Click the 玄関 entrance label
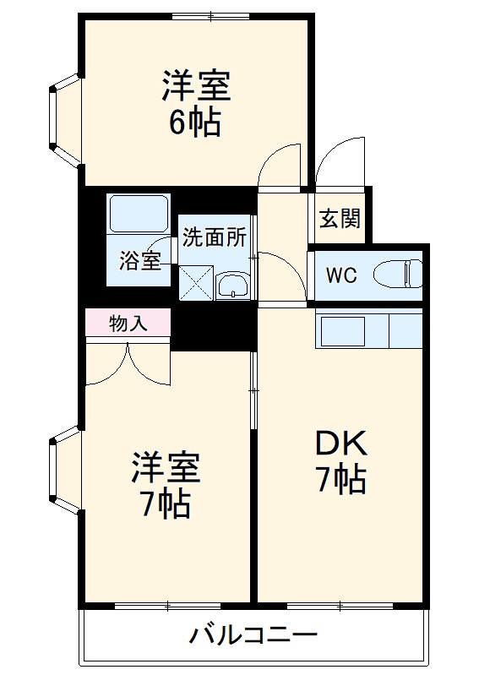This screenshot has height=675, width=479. [x=340, y=219]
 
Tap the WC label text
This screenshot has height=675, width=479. [x=342, y=275]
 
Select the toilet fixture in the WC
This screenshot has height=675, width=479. [x=401, y=275]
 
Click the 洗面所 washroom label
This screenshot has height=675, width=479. [x=215, y=237]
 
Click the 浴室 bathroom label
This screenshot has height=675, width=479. [x=139, y=260]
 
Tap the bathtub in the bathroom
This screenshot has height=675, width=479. [x=139, y=215]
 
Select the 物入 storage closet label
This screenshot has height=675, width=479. [x=128, y=322]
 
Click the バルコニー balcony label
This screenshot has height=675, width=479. [x=253, y=634]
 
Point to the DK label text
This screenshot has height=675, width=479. [x=340, y=443]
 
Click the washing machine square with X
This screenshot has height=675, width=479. [x=195, y=282]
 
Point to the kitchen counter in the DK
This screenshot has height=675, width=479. [x=368, y=329]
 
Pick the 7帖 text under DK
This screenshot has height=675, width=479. [x=340, y=480]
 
